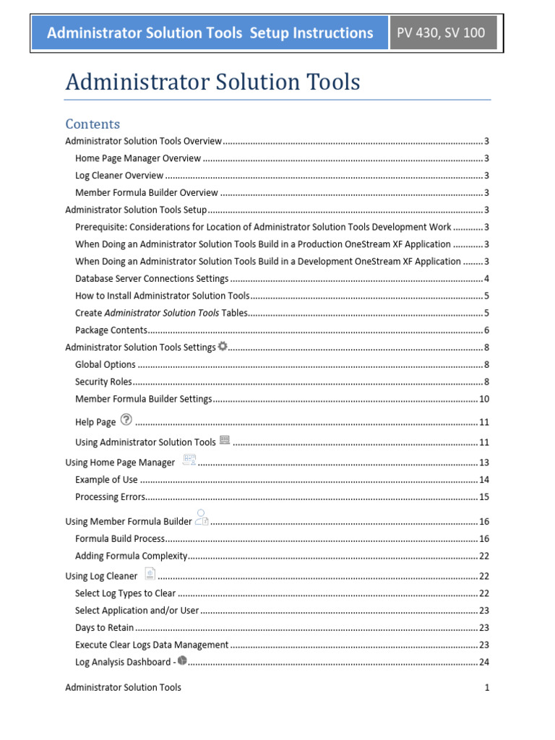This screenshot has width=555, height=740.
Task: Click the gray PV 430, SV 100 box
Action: (443, 33)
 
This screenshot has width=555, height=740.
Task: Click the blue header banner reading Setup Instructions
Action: (210, 33)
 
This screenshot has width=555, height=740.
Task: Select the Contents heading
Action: (92, 124)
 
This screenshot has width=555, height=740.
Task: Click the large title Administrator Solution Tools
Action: (212, 82)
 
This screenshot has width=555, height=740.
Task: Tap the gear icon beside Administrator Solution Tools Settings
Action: (222, 346)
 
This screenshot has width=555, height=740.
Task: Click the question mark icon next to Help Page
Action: (126, 419)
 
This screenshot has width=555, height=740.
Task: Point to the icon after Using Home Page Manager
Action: (189, 460)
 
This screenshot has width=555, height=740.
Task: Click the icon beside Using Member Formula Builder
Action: (202, 517)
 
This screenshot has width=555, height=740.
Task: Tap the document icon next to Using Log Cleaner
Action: (150, 573)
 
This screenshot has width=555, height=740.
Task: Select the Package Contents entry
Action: (111, 330)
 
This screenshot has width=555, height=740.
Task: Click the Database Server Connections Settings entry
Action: (152, 278)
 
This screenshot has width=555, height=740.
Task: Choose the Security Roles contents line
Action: (103, 382)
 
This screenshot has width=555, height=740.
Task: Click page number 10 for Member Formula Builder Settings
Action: (484, 399)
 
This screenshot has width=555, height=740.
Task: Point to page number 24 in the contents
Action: (484, 662)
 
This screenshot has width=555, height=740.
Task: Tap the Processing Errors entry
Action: (110, 497)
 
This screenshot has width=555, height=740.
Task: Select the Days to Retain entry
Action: (104, 628)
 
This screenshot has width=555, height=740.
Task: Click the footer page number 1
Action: (487, 687)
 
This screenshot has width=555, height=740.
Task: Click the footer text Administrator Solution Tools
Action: (123, 687)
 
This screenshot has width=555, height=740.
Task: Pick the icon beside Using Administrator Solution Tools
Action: (224, 439)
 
